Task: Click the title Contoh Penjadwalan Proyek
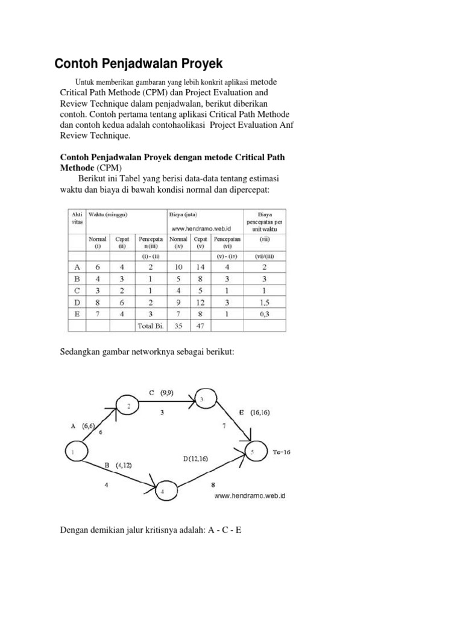pyautogui.click(x=139, y=63)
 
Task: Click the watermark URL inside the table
pyautogui.click(x=202, y=228)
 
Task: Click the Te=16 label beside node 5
pyautogui.click(x=280, y=452)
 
